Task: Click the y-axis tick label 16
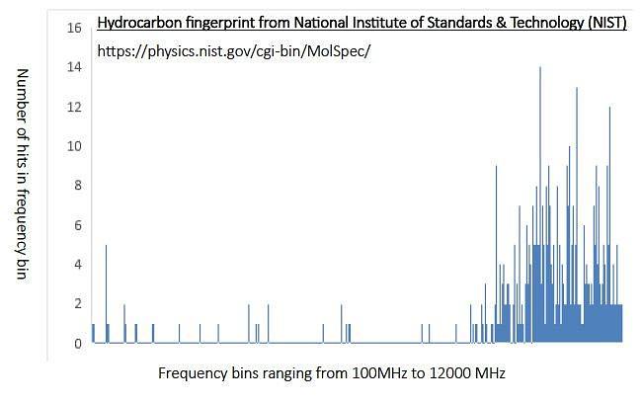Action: pos(74,28)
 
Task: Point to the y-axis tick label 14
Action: pos(74,67)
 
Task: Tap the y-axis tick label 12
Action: pos(74,107)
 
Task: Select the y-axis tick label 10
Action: pos(74,146)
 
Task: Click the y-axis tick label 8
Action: pos(78,185)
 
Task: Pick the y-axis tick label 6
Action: pos(78,224)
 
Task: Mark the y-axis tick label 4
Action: pos(78,264)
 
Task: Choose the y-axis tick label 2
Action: pos(78,303)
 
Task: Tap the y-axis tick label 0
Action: pos(78,343)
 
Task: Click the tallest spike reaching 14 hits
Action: pos(540,204)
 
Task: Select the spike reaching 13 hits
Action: pos(577,215)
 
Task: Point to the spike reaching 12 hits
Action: pos(609,224)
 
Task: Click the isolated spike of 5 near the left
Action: pos(106,293)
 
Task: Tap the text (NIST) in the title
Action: pos(607,23)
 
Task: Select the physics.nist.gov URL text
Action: pos(234,51)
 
